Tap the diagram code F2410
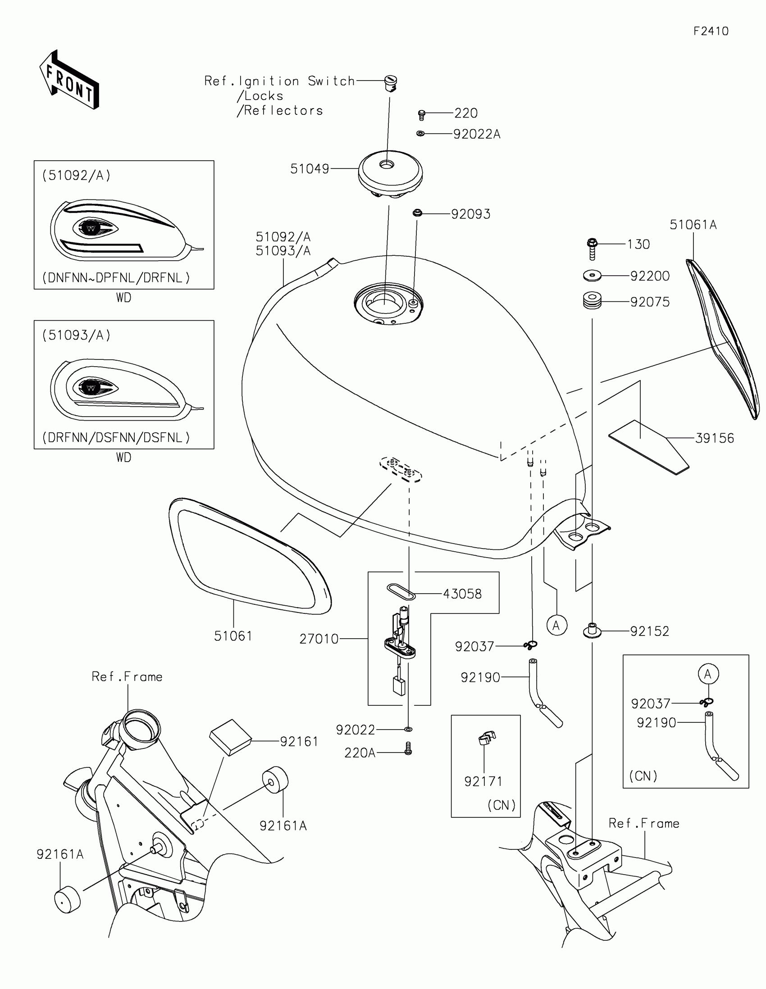[x=711, y=31]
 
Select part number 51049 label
[x=310, y=169]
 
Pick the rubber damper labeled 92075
[x=592, y=301]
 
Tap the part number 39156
[x=714, y=438]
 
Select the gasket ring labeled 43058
[x=401, y=592]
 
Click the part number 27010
[x=319, y=639]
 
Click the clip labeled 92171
[x=487, y=738]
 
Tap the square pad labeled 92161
[x=230, y=737]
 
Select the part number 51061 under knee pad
[x=233, y=636]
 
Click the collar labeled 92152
[x=592, y=630]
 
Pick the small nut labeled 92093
[x=417, y=213]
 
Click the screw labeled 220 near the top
[x=422, y=115]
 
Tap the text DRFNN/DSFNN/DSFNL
[x=116, y=437]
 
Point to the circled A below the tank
[x=557, y=626]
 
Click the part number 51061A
[x=693, y=225]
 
